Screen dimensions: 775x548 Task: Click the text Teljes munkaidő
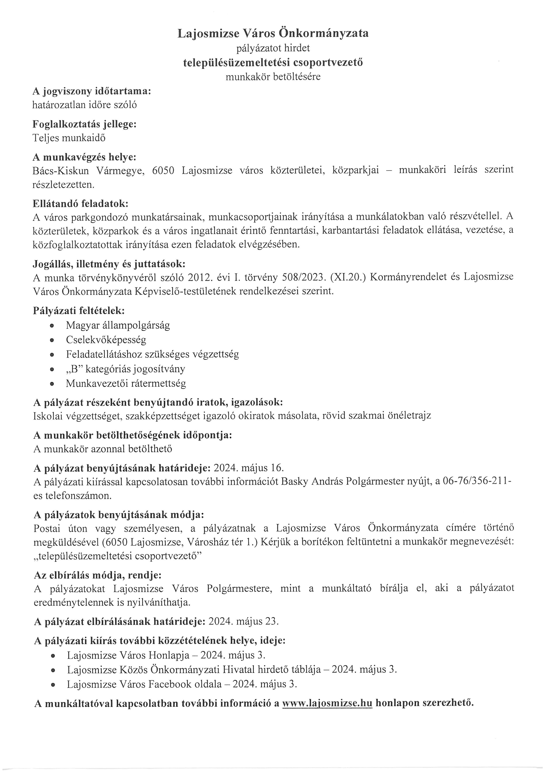tap(69, 138)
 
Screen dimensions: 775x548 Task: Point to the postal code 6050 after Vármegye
tap(163, 170)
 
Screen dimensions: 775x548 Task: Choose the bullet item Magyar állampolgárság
tap(118, 325)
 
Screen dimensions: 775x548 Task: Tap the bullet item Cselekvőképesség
tap(106, 340)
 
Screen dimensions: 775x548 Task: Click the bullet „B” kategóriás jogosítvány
tap(126, 369)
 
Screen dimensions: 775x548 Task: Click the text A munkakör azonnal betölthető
tap(103, 449)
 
